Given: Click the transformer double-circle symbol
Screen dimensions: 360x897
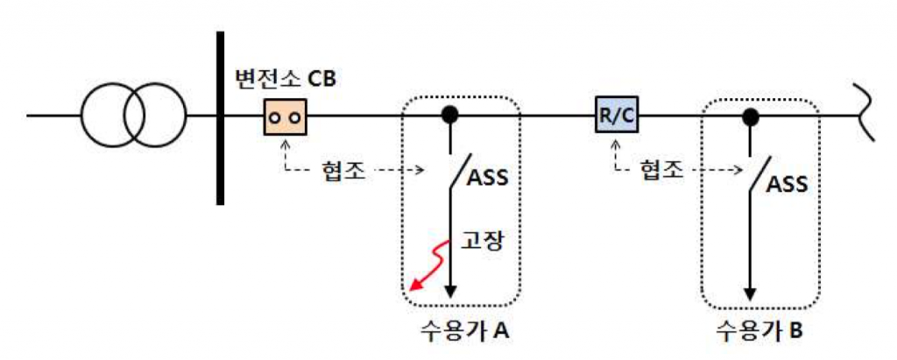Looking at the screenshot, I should coord(134,115).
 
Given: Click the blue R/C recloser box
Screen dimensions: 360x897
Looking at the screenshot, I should coord(615,115).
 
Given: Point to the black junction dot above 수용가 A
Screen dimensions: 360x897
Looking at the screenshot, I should coord(450,115).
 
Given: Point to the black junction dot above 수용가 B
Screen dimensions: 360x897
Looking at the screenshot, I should coord(750,115).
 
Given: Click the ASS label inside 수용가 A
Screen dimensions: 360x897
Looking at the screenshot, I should coord(489,179).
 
